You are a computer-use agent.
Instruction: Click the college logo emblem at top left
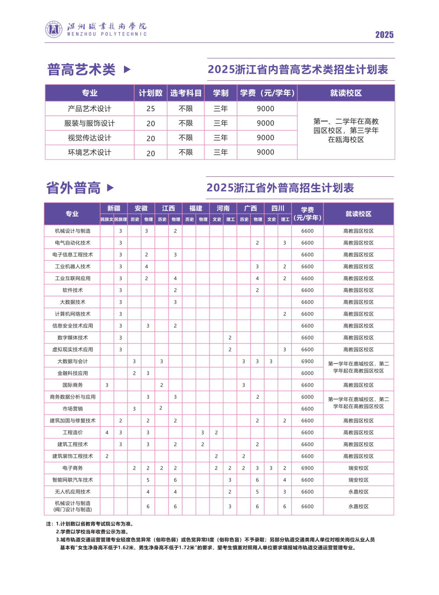tap(54, 29)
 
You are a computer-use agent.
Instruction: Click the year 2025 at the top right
tap(384, 35)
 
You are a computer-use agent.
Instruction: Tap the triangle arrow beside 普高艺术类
tap(127, 69)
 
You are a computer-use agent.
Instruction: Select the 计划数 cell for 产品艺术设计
tap(150, 109)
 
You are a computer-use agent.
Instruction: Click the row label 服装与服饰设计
tap(89, 123)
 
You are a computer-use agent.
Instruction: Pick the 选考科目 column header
tap(186, 93)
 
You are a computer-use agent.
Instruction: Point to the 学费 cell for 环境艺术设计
tap(265, 152)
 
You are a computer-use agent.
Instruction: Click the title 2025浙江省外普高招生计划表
tap(280, 188)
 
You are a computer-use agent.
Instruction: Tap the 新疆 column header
tap(114, 208)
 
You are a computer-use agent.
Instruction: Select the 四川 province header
tap(278, 208)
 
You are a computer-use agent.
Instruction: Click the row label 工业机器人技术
tap(73, 267)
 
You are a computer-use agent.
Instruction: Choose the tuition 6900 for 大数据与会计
tap(307, 361)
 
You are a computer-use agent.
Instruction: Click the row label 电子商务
tap(73, 468)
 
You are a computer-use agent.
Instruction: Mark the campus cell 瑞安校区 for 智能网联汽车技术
tap(358, 480)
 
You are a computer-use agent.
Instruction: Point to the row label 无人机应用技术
tap(73, 492)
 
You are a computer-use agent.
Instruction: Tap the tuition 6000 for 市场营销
tap(307, 409)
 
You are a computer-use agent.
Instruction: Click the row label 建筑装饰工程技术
tap(73, 457)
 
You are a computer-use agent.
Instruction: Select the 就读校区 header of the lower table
tap(358, 214)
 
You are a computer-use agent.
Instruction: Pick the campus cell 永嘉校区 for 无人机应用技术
tap(358, 492)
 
